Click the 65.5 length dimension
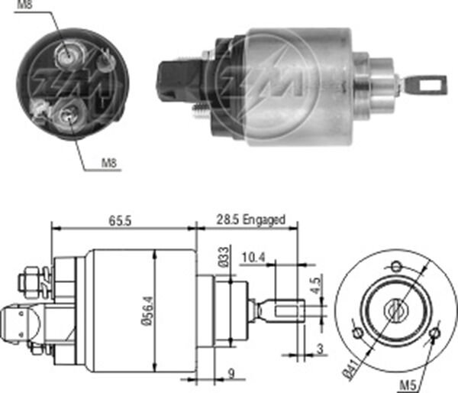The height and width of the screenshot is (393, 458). point(121,220)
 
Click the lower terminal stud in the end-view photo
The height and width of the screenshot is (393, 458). point(68,116)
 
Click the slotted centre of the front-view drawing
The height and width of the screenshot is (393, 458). point(395,310)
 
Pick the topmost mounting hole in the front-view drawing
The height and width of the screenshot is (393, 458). point(396,265)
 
